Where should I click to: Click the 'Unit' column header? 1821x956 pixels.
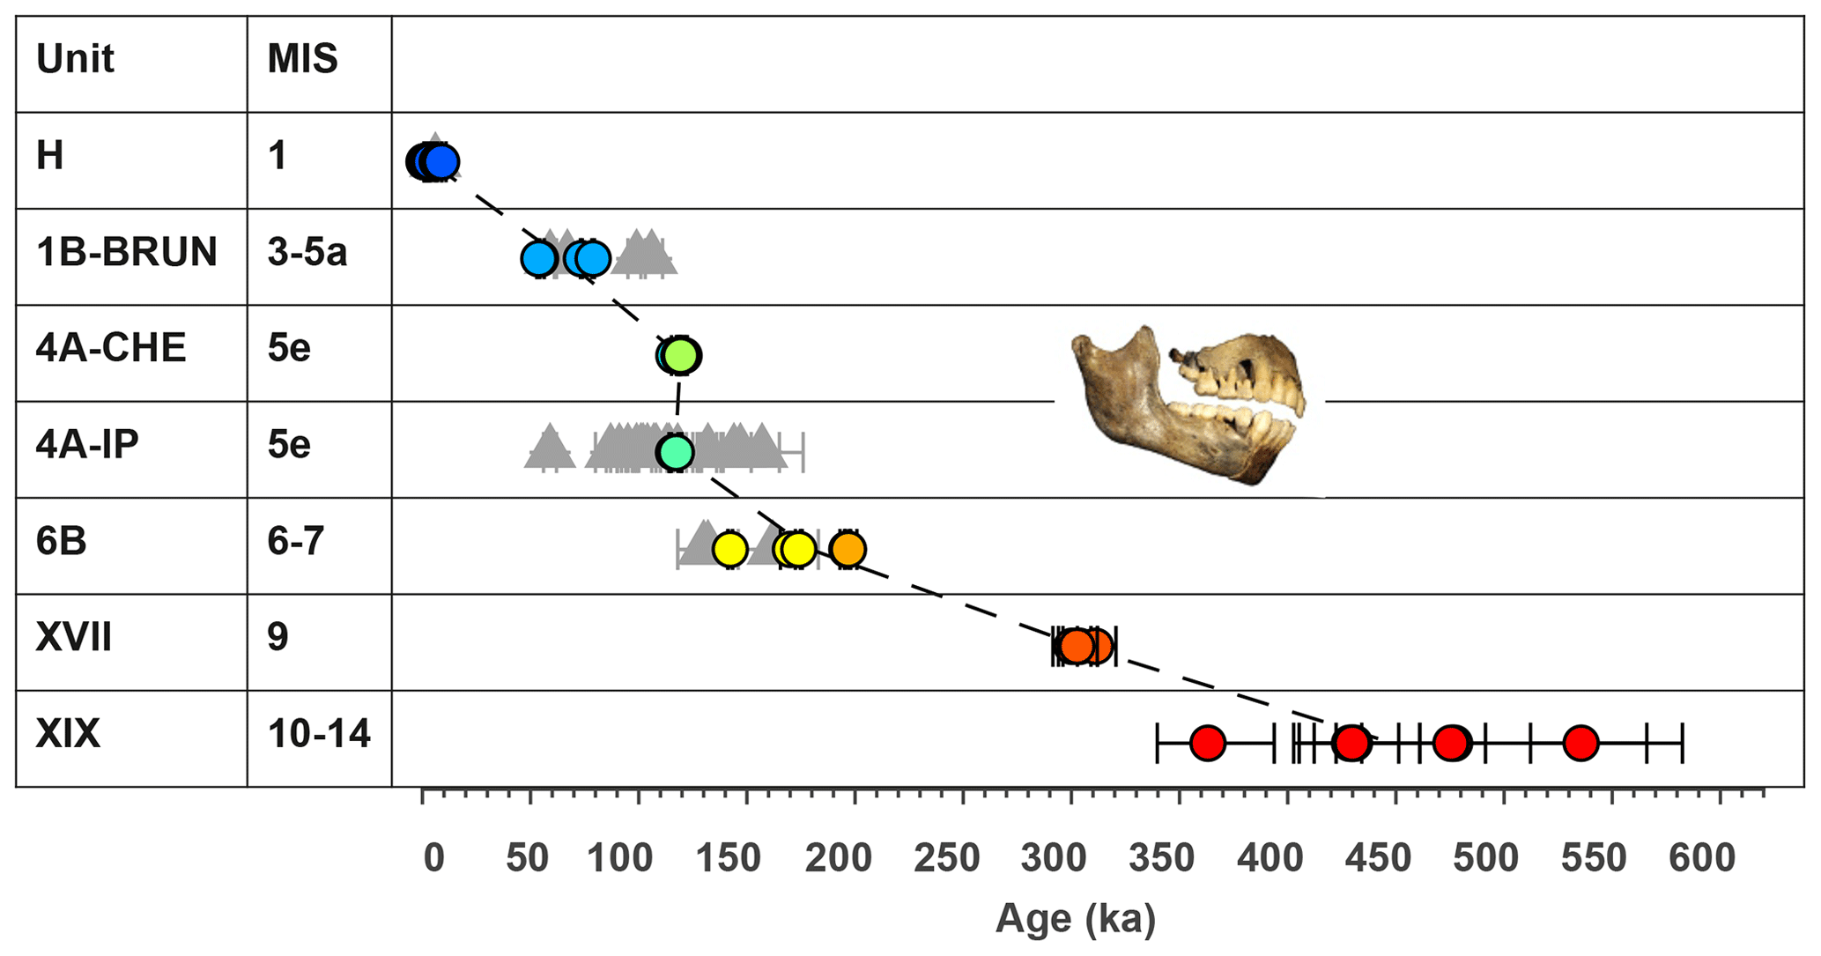click(x=75, y=60)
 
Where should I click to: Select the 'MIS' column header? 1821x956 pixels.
click(x=302, y=60)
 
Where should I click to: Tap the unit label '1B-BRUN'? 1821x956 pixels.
click(x=126, y=253)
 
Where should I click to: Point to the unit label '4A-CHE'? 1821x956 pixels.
click(x=111, y=349)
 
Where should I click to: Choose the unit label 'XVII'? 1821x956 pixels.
click(x=74, y=637)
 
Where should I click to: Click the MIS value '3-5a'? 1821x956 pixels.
click(x=307, y=253)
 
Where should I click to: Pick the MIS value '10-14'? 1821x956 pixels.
click(x=319, y=734)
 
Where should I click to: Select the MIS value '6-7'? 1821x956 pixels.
click(x=296, y=541)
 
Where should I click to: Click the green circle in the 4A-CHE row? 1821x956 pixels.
click(x=681, y=355)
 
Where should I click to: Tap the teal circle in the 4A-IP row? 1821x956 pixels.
click(x=675, y=452)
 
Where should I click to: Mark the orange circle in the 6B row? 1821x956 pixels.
click(x=848, y=549)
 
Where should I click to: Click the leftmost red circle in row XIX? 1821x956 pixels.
click(x=1207, y=743)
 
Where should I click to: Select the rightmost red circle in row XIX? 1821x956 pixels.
click(x=1580, y=743)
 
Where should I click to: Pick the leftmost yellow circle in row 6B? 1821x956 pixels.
click(x=729, y=549)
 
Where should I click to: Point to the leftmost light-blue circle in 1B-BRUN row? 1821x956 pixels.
click(x=538, y=259)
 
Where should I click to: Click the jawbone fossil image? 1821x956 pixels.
click(x=1189, y=405)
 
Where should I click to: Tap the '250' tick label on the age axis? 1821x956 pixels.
click(x=947, y=858)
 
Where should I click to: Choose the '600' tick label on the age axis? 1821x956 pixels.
click(x=1702, y=858)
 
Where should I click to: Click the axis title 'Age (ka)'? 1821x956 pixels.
click(x=1075, y=919)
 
